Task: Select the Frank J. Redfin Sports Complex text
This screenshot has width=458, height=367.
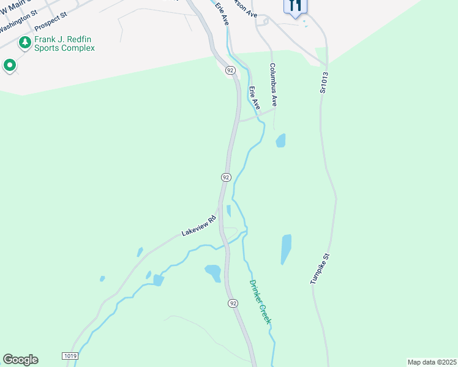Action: click(64, 43)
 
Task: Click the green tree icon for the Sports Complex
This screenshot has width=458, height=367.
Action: click(24, 42)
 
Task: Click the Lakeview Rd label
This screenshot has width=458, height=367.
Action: click(200, 226)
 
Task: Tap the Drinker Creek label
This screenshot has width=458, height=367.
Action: click(260, 302)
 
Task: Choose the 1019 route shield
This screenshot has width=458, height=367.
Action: click(70, 355)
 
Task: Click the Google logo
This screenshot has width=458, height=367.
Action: click(20, 360)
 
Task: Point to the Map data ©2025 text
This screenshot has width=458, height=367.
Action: click(432, 361)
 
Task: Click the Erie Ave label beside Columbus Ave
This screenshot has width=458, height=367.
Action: click(255, 98)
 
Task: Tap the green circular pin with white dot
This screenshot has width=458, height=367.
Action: click(10, 65)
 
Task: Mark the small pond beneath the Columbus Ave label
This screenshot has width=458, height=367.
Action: click(280, 141)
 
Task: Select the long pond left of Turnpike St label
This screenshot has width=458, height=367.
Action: click(286, 249)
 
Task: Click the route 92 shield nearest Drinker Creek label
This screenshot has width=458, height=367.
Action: click(233, 303)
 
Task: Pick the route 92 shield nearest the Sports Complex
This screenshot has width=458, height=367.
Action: click(230, 70)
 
